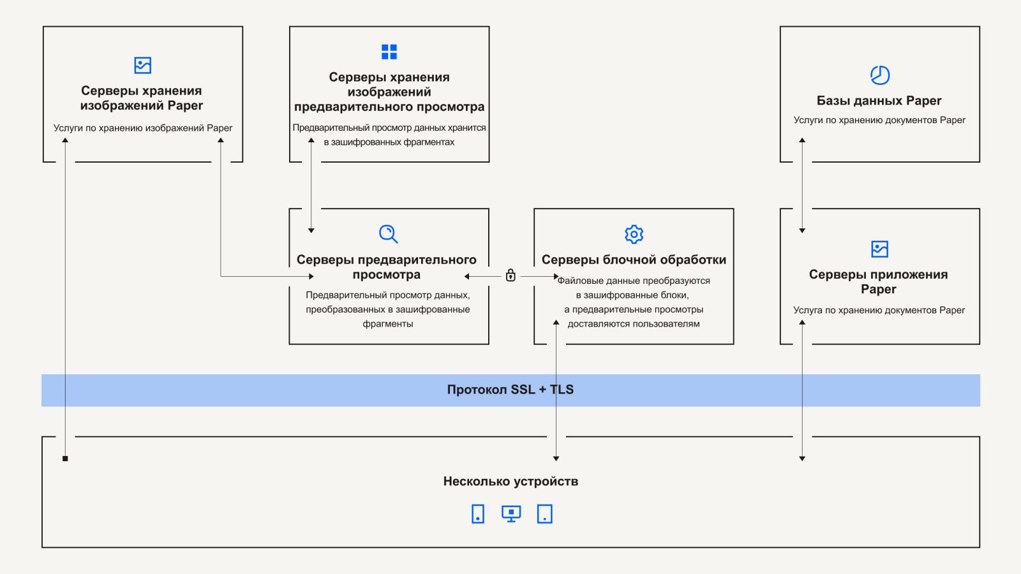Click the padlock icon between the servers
(511, 275)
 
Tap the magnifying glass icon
(388, 233)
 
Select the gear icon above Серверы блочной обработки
(634, 234)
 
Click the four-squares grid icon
(389, 52)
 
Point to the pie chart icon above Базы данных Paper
(880, 75)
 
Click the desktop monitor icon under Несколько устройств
(511, 513)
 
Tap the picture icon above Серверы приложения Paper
(879, 249)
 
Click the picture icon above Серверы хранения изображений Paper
(143, 65)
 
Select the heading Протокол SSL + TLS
(511, 390)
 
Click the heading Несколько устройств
(511, 482)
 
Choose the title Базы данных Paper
(879, 101)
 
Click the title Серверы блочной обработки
(634, 260)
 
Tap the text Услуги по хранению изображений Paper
(143, 128)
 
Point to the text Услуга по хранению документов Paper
(879, 310)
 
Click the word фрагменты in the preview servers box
(388, 324)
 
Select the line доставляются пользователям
(634, 324)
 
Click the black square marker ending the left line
(65, 459)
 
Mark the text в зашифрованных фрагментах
(389, 142)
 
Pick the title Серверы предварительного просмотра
(387, 267)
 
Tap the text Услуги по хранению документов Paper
(879, 120)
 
